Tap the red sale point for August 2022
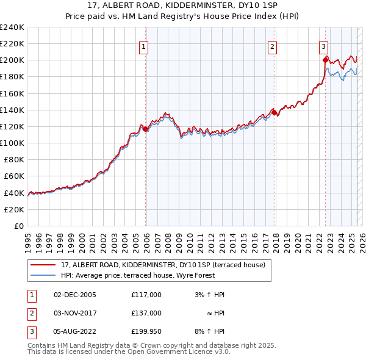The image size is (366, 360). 325,60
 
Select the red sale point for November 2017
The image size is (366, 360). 274,112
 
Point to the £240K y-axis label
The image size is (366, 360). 12,27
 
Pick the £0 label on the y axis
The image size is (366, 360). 18,226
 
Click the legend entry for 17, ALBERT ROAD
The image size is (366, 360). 163,265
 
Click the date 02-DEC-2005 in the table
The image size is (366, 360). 74,294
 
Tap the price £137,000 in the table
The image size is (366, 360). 146,312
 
